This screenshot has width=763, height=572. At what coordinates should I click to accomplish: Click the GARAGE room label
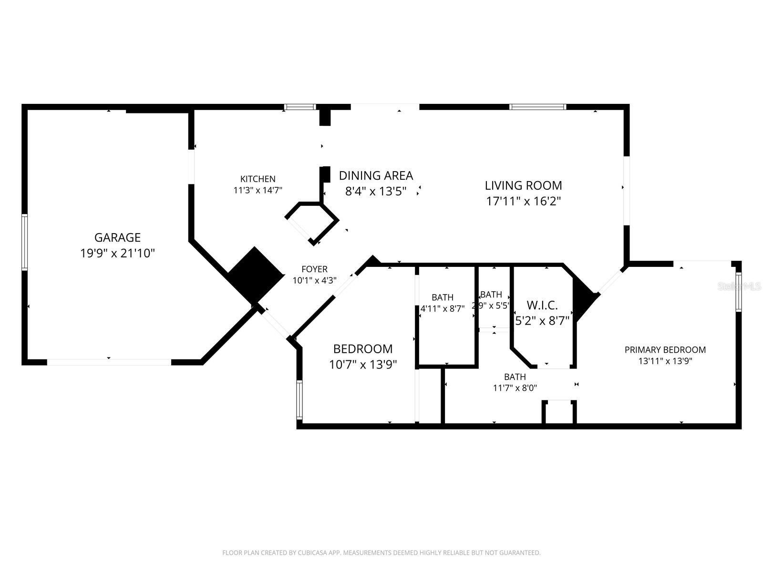(117, 237)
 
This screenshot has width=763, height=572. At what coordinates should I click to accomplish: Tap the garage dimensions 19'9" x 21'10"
(117, 253)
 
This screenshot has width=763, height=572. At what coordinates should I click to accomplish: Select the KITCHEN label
(258, 179)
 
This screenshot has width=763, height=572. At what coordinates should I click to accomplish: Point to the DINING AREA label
(376, 175)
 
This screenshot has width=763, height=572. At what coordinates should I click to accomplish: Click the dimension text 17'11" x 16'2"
(523, 201)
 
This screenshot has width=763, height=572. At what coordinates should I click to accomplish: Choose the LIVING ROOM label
(523, 185)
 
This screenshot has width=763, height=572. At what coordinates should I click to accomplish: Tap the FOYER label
(314, 269)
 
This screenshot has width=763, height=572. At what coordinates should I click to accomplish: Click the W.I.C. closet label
(542, 305)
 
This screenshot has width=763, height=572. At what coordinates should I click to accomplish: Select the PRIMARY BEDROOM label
(665, 350)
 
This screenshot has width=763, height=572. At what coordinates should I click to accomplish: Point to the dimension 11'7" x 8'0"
(515, 388)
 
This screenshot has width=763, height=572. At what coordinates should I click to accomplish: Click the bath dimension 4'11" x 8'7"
(442, 308)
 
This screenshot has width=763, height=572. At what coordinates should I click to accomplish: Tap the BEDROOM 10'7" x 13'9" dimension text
(363, 365)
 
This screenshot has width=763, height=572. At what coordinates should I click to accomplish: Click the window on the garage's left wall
(24, 242)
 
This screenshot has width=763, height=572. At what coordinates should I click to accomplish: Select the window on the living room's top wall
(537, 107)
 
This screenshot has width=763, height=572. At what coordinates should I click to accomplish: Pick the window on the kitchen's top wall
(300, 107)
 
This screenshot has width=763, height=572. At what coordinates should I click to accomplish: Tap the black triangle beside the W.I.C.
(583, 299)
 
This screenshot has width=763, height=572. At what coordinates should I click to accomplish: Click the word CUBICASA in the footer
(313, 553)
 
